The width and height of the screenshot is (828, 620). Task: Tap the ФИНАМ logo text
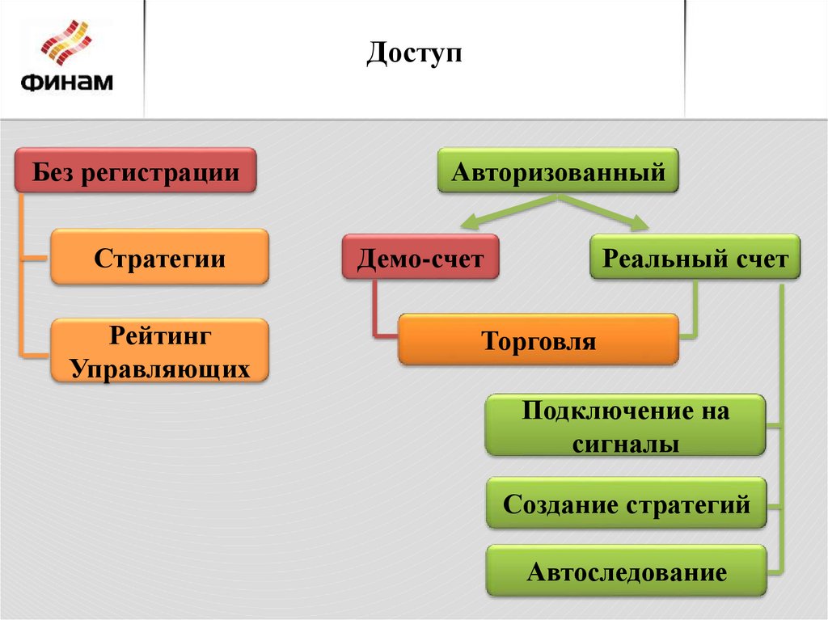[x=66, y=82]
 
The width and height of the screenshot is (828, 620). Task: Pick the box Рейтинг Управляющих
[x=159, y=351]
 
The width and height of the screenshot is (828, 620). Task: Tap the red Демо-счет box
[x=420, y=259]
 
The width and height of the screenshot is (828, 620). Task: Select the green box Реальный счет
[x=695, y=259]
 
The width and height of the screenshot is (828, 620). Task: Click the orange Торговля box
[x=539, y=340]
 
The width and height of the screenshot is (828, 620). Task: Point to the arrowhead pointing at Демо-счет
[x=467, y=224]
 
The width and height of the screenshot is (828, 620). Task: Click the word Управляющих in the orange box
[x=159, y=369]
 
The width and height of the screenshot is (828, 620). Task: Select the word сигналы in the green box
[x=625, y=444]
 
